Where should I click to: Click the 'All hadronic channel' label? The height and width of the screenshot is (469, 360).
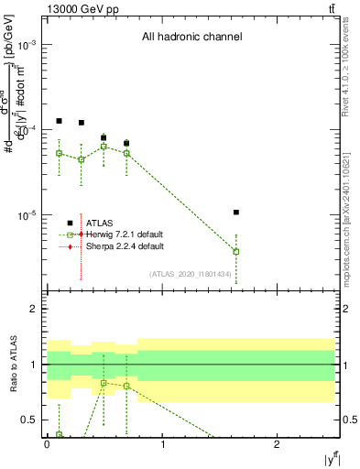[191, 38]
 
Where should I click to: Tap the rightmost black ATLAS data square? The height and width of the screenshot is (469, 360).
[236, 213]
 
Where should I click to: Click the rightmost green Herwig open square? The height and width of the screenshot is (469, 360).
[236, 251]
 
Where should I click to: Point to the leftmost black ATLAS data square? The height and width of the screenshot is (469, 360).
[59, 121]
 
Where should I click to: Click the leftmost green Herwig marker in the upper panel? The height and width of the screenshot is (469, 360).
[59, 153]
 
